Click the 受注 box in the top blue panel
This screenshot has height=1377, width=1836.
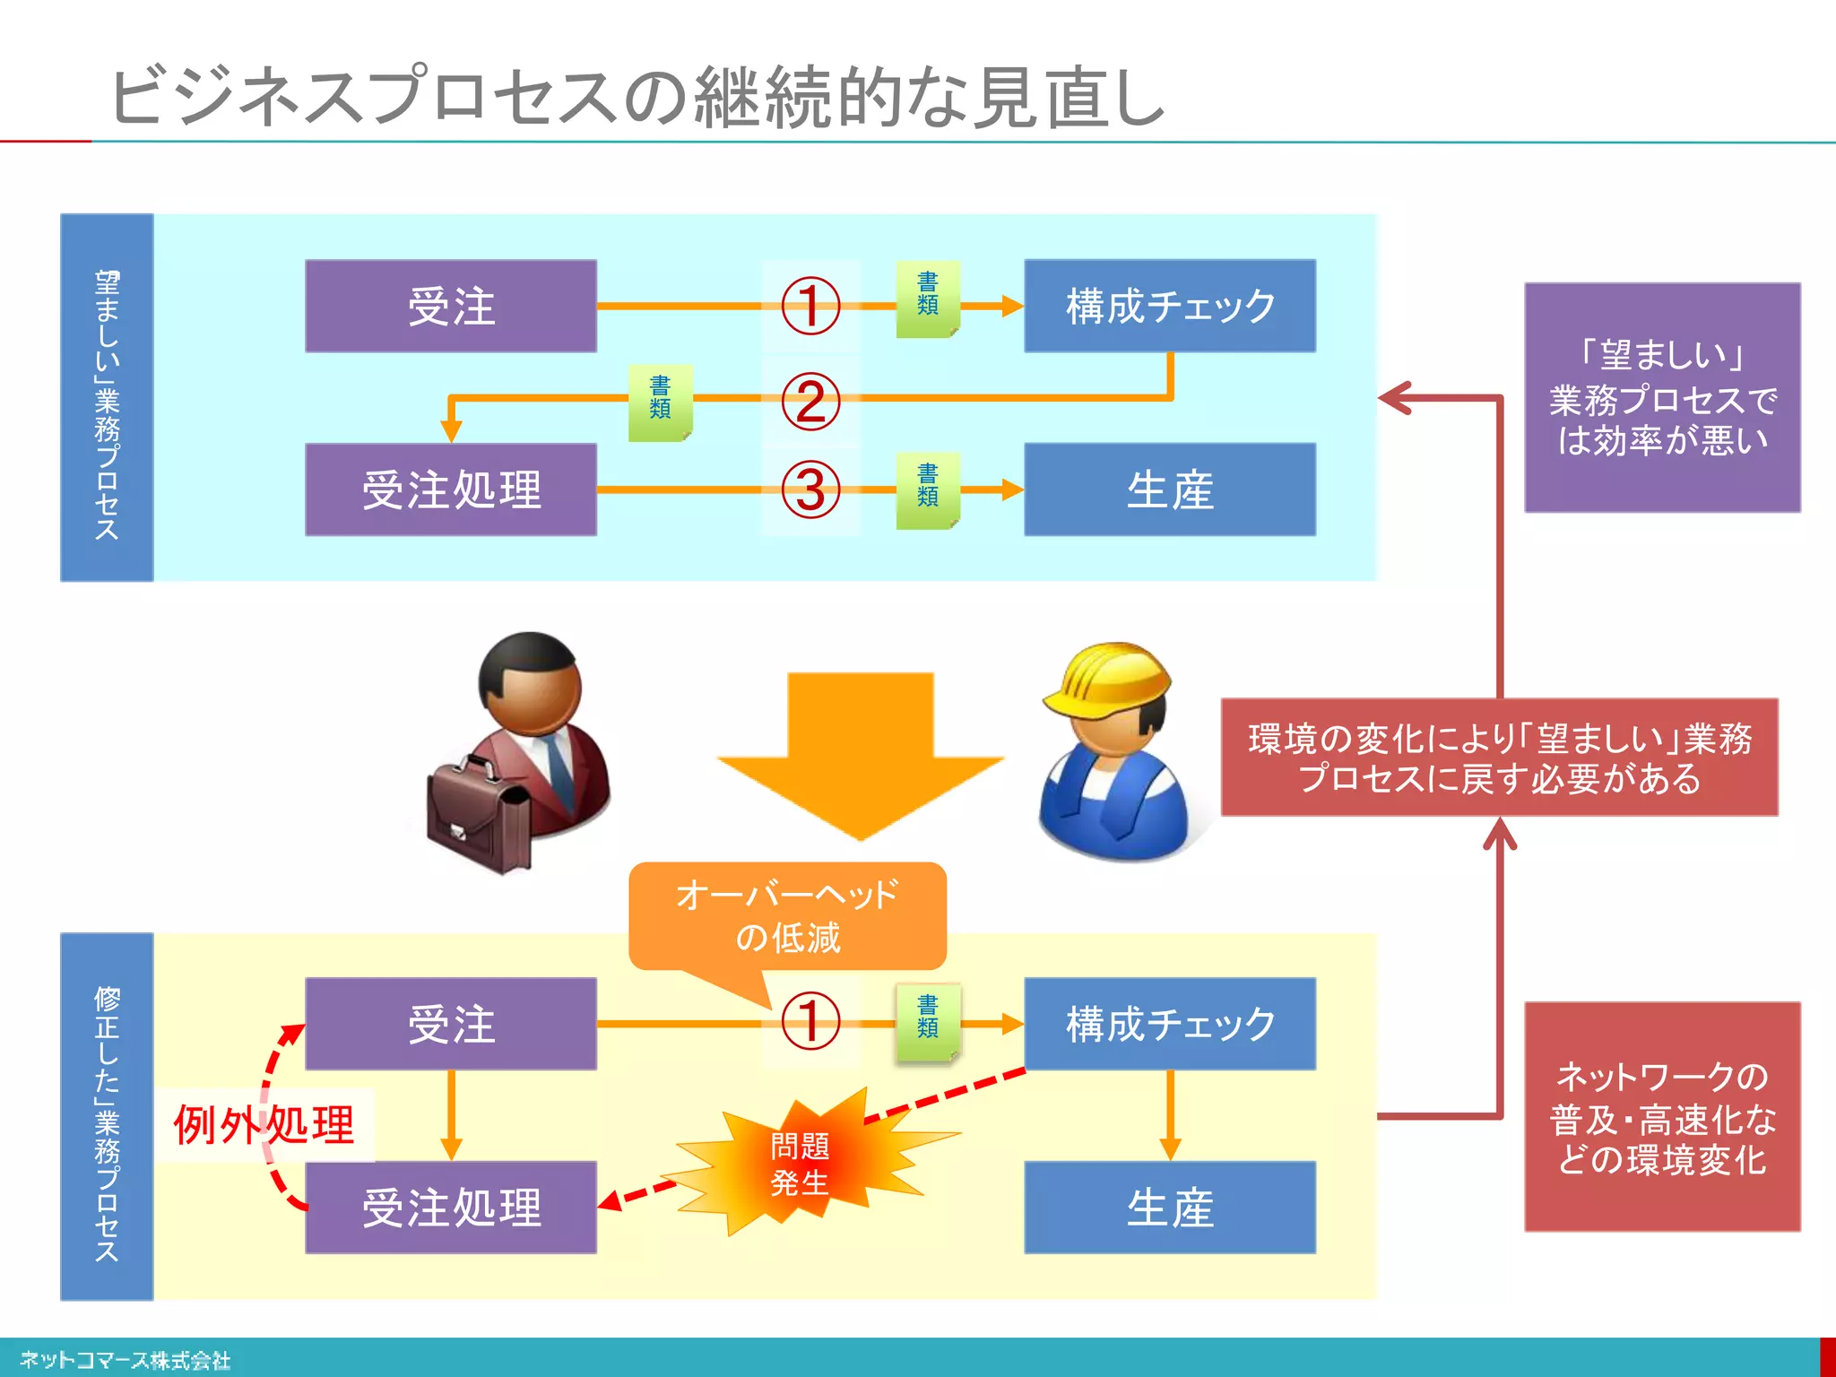coord(451,306)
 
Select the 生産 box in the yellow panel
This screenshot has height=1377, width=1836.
coord(1170,1207)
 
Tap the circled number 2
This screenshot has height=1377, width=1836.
coord(810,401)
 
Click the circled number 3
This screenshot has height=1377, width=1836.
coord(810,489)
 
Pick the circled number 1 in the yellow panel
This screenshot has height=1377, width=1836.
coord(810,1021)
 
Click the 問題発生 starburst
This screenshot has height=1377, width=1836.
coord(801,1163)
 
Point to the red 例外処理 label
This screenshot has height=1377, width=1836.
coord(264,1124)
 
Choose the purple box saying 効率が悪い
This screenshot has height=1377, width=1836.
coord(1662,397)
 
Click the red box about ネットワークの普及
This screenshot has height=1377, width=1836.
coord(1662,1116)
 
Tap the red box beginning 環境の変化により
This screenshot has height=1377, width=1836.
coord(1499,758)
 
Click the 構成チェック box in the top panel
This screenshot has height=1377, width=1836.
coord(1170,306)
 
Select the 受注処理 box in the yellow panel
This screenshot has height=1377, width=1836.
coord(451,1207)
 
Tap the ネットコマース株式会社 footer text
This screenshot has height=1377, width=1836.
coord(126,1360)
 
